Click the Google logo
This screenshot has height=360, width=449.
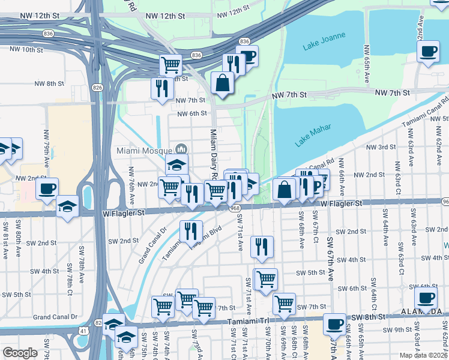pos(20,353)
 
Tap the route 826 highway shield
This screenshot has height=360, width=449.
pos(97,88)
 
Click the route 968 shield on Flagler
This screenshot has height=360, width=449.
pos(235,208)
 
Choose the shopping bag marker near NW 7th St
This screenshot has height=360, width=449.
pos(223,83)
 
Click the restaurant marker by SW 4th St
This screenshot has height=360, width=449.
pos(262,247)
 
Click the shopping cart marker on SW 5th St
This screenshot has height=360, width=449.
pos(266,279)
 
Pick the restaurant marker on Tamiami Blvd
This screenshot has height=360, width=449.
pos(191,231)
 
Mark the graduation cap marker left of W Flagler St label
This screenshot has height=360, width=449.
pos(68,207)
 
